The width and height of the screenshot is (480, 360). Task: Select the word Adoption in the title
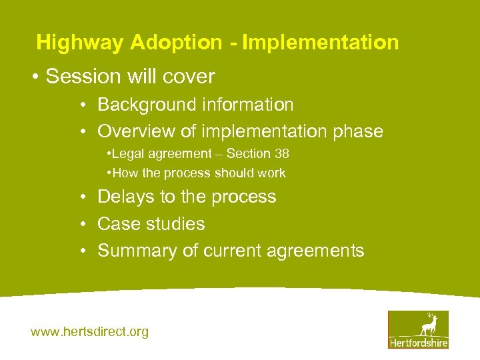[177, 43]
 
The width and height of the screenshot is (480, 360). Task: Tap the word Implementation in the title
[320, 43]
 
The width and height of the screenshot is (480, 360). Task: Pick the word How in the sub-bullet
[124, 173]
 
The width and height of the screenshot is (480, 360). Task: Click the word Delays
[125, 197]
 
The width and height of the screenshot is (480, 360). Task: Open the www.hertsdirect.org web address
[90, 331]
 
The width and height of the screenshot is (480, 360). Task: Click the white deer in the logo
[428, 324]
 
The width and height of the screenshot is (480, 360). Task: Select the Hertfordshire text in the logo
[418, 343]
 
